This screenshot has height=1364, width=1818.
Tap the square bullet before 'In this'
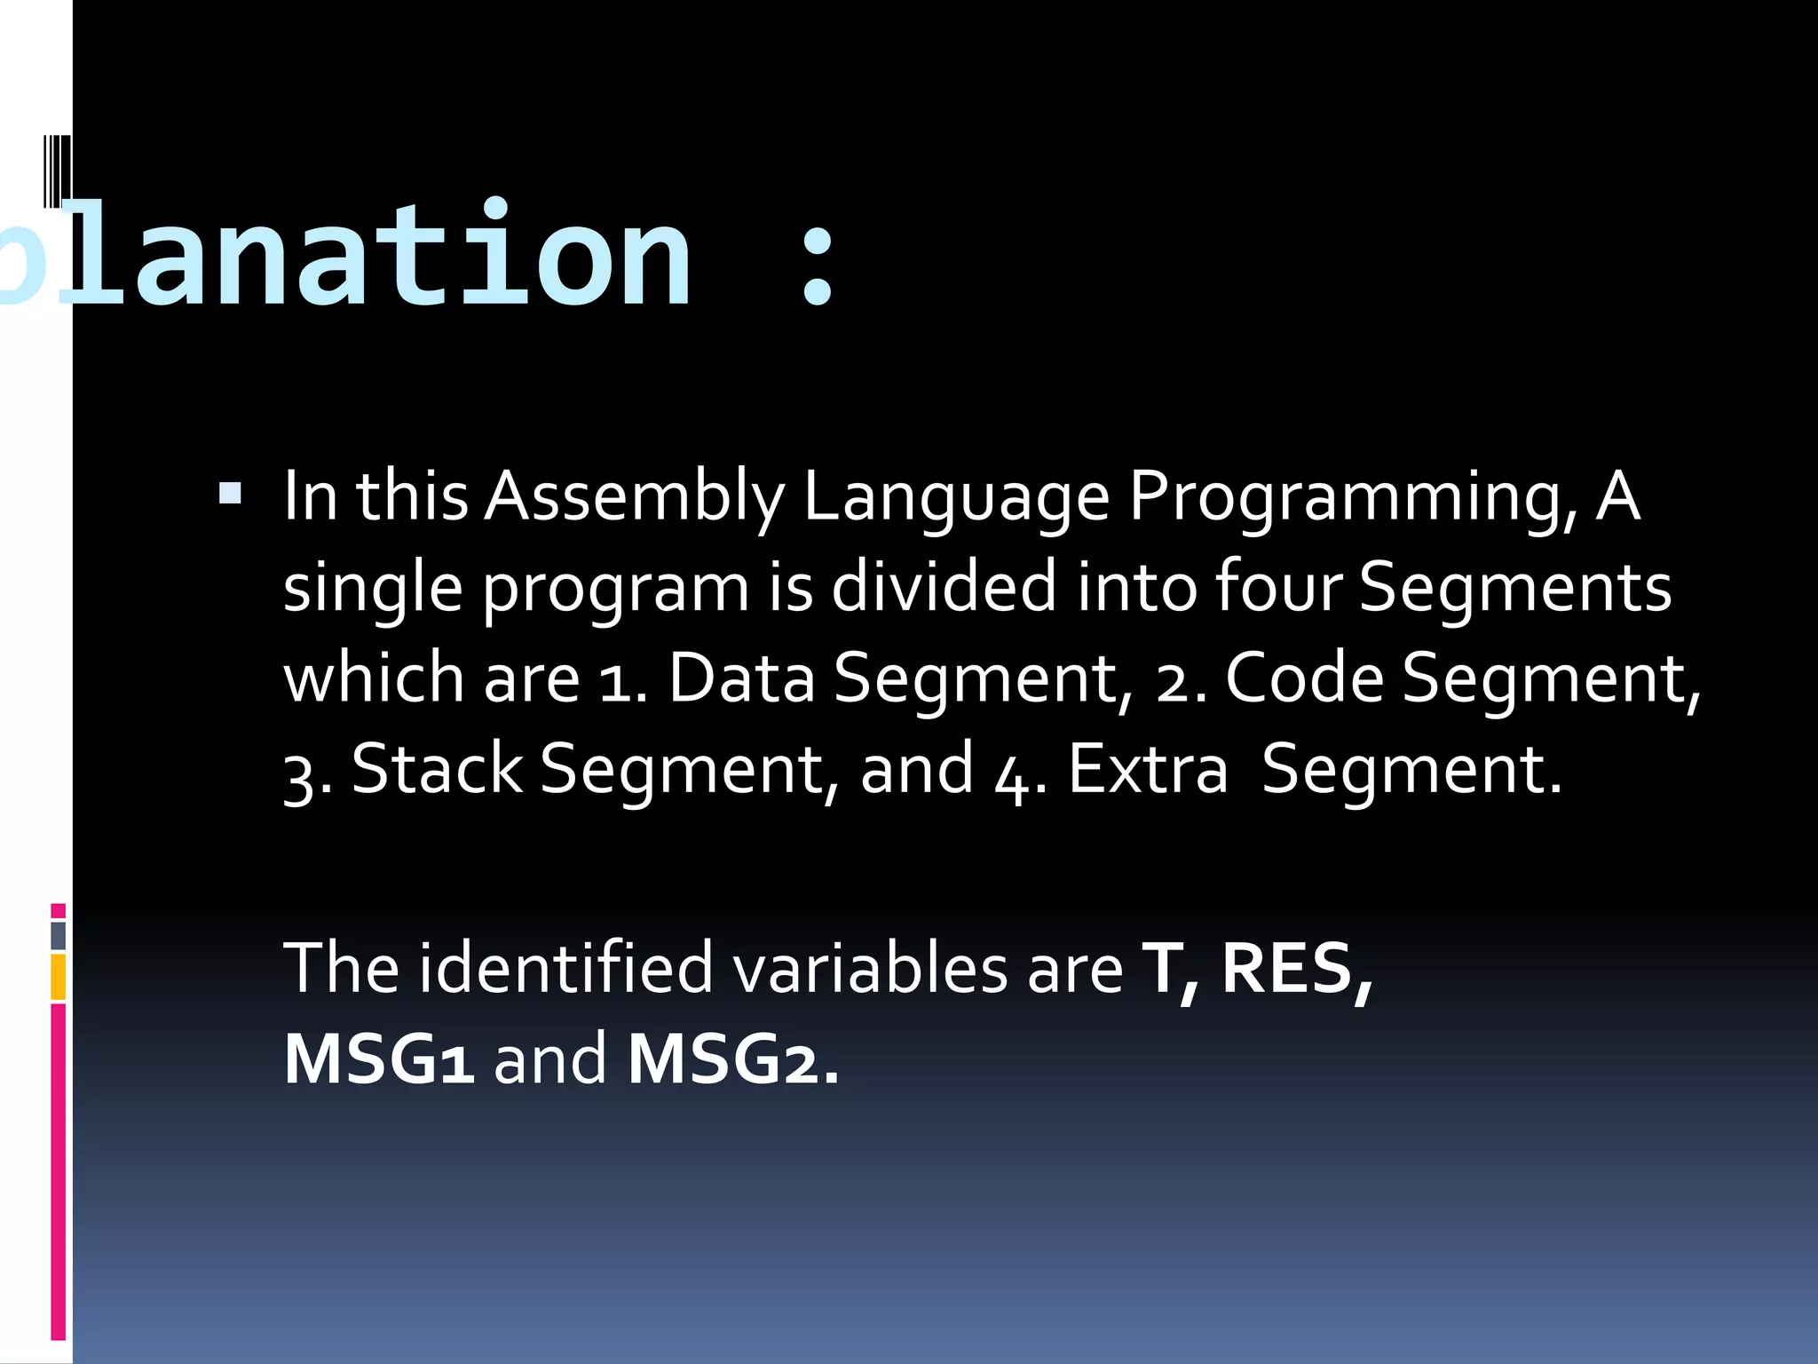pos(230,493)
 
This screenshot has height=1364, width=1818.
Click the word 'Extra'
pos(1148,769)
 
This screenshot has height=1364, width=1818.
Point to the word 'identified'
pos(565,968)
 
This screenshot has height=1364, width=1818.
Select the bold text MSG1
pos(379,1059)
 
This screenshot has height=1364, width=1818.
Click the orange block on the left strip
pos(59,977)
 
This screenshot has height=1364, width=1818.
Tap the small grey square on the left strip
pos(59,935)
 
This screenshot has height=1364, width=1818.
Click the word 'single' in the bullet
pos(373,590)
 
